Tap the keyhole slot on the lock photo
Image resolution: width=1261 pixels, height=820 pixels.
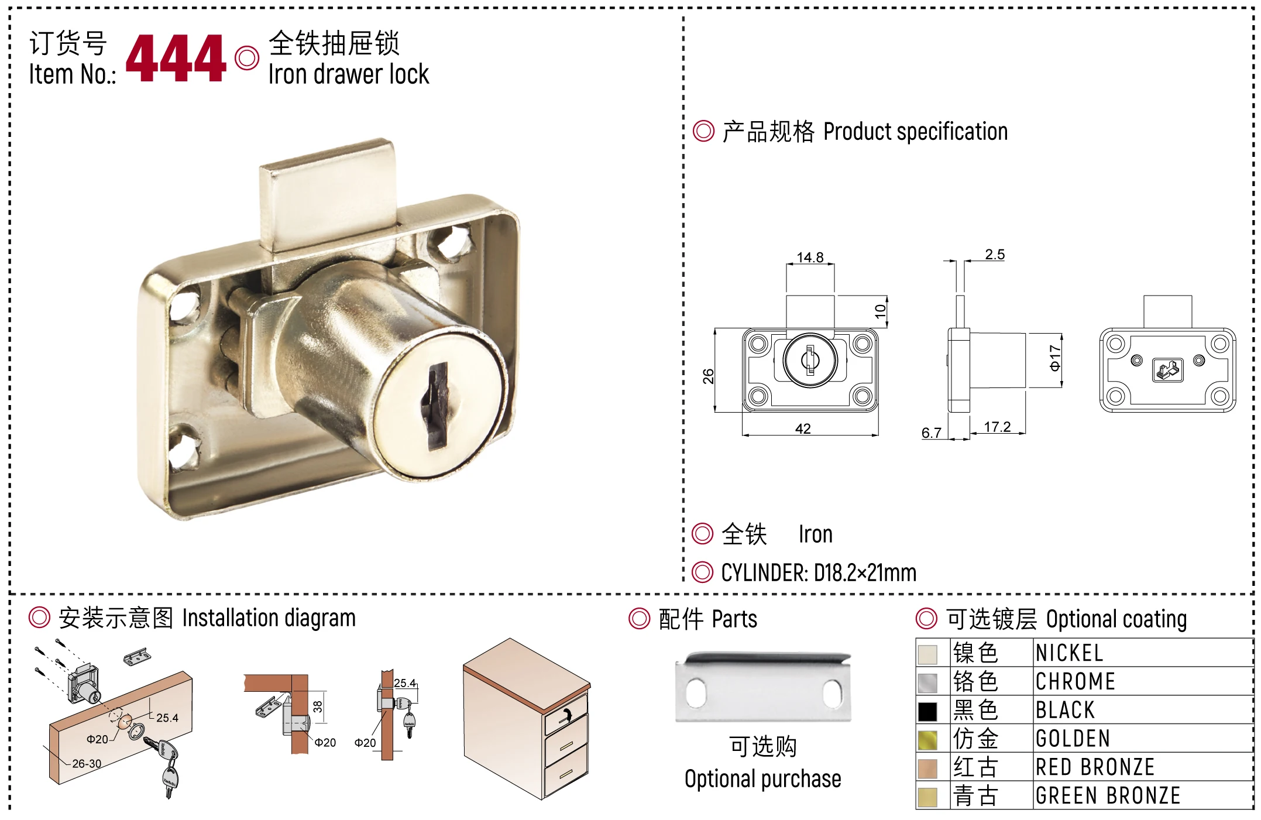(x=438, y=406)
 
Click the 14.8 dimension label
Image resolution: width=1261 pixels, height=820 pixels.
(x=810, y=257)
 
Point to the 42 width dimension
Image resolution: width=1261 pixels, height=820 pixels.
(x=803, y=428)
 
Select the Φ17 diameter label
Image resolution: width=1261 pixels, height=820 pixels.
(x=1054, y=358)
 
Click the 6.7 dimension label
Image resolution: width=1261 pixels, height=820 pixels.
(x=931, y=433)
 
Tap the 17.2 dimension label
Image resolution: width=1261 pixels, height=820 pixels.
(x=997, y=427)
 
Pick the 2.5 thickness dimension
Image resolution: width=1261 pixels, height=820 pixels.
(x=995, y=254)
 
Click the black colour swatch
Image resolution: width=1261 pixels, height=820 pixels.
(x=927, y=711)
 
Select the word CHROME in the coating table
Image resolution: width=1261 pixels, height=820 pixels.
(x=1076, y=681)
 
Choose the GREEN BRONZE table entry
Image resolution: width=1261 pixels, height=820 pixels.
(x=1108, y=795)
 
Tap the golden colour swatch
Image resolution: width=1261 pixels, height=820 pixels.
(x=927, y=740)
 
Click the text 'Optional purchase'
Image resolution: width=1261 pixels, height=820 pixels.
(x=762, y=779)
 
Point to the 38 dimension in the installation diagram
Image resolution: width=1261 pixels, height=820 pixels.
(x=318, y=706)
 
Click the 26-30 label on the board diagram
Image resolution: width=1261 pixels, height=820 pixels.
(x=87, y=763)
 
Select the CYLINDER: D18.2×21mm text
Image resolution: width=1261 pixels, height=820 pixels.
(x=819, y=572)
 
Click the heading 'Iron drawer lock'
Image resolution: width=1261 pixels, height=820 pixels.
(x=349, y=74)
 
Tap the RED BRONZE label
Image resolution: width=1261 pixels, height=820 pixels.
(x=1095, y=767)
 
